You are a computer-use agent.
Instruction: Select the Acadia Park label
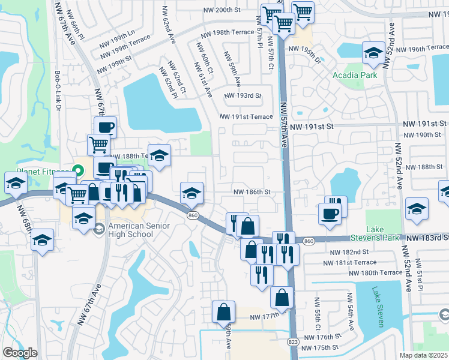355,75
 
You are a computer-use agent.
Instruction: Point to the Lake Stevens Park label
383,233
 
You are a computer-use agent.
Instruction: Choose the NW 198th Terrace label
228,34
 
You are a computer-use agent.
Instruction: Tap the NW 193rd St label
243,96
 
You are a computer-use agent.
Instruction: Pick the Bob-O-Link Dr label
58,91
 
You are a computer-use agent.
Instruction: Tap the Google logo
20,352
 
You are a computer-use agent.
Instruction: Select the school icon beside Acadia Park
373,53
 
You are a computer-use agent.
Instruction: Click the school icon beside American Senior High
83,217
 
